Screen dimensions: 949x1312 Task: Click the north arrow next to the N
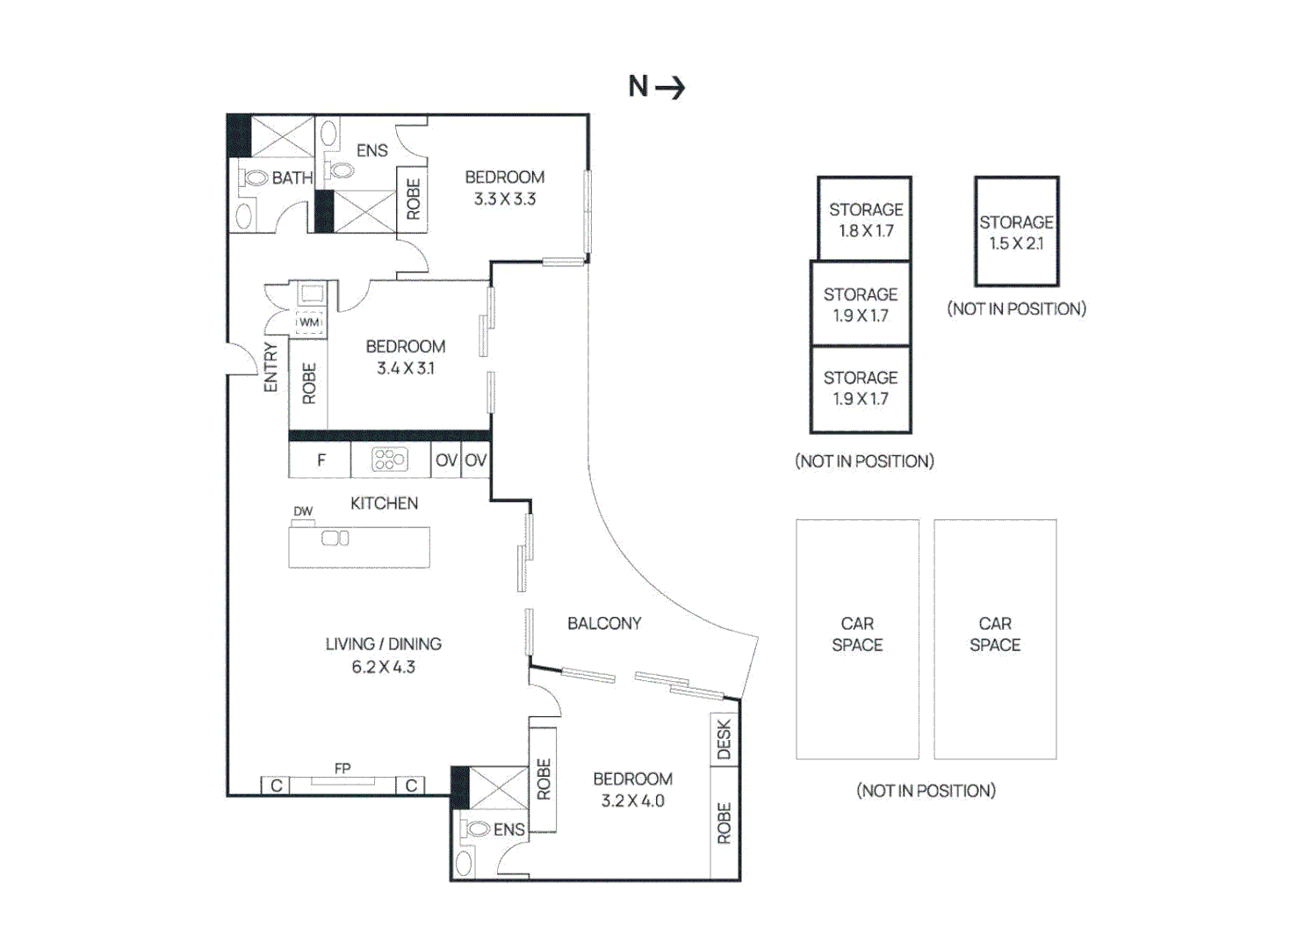pos(670,87)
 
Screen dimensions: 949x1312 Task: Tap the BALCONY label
pos(604,623)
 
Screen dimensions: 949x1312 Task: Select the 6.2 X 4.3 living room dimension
pos(383,667)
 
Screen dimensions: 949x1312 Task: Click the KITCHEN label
pos(384,503)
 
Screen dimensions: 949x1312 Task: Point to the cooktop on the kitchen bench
pos(390,460)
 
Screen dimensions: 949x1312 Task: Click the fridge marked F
pos(321,460)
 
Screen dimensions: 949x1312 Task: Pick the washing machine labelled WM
pos(309,322)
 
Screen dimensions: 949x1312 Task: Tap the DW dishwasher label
pos(303,511)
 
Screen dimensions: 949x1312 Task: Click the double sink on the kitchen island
pos(335,538)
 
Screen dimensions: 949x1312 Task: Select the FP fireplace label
pos(342,768)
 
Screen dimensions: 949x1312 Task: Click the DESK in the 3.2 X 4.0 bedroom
pos(724,739)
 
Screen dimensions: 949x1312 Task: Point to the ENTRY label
pos(270,367)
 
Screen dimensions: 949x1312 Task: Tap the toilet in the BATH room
pos(255,178)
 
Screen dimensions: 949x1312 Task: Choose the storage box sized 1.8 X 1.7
pos(865,220)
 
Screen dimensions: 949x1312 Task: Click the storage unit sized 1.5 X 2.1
pos(1016,232)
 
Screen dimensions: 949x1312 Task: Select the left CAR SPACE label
pos(857,634)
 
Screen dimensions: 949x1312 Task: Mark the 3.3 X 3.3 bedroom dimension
pos(505,199)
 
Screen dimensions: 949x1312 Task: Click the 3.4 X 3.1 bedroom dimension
pos(406,368)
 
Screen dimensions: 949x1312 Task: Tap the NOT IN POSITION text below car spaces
pos(926,791)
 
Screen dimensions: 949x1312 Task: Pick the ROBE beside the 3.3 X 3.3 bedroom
pos(413,199)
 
